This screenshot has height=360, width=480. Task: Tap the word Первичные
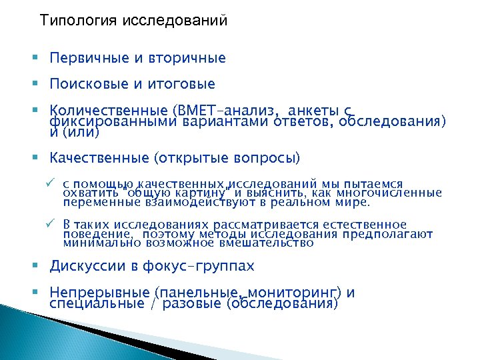click(91, 59)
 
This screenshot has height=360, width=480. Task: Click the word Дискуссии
click(89, 267)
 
